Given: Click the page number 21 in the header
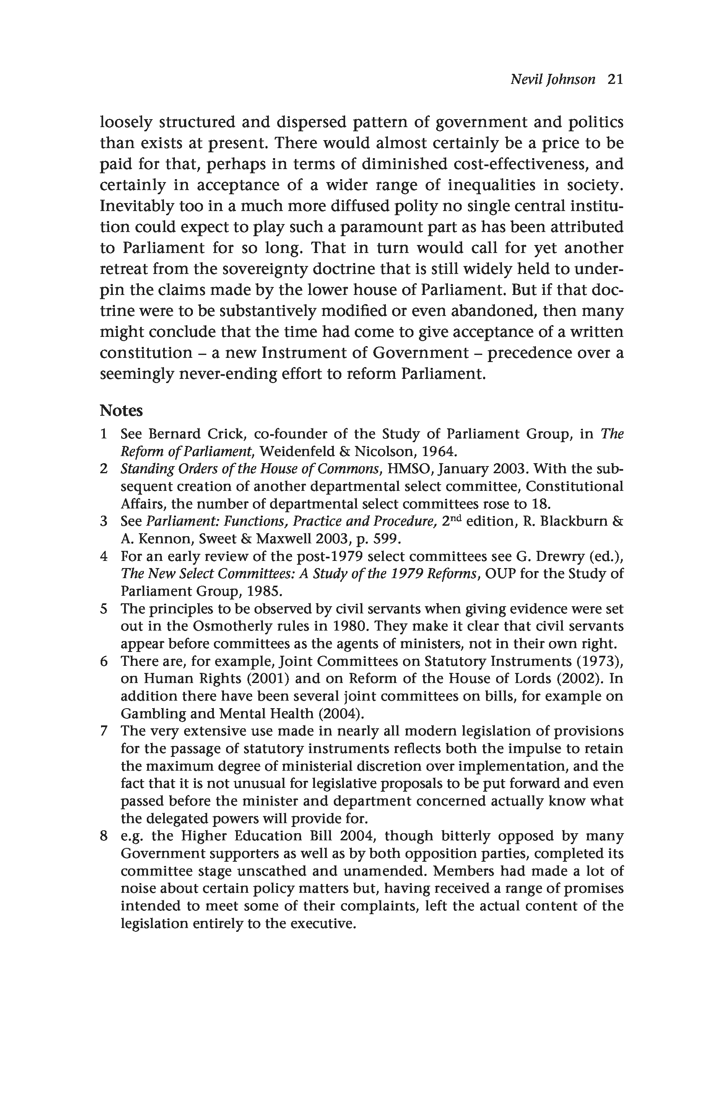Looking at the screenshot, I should (x=615, y=79).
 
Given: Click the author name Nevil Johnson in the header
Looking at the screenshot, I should (x=553, y=79).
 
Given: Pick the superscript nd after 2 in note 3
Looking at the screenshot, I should (x=456, y=519).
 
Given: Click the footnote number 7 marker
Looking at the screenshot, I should (x=104, y=731).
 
